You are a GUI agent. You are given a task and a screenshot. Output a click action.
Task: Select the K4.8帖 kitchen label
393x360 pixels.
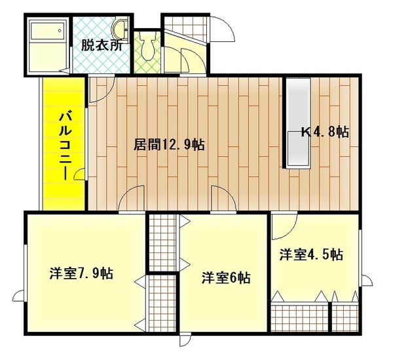tap(325, 131)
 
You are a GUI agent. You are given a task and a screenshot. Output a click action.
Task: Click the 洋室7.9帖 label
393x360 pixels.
tap(81, 273)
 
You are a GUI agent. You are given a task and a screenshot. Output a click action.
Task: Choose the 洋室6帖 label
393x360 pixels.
tap(225, 277)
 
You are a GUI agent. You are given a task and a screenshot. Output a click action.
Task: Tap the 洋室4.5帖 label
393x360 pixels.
tap(311, 254)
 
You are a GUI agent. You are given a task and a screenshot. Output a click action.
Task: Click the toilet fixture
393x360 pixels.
tap(148, 47)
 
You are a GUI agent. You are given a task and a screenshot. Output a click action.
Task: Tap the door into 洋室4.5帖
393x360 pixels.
tap(284, 227)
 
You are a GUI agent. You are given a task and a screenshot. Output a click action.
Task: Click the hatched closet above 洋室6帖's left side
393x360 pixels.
tap(162, 242)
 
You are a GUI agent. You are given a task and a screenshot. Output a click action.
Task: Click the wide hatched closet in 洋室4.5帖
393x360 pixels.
tap(300, 315)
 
